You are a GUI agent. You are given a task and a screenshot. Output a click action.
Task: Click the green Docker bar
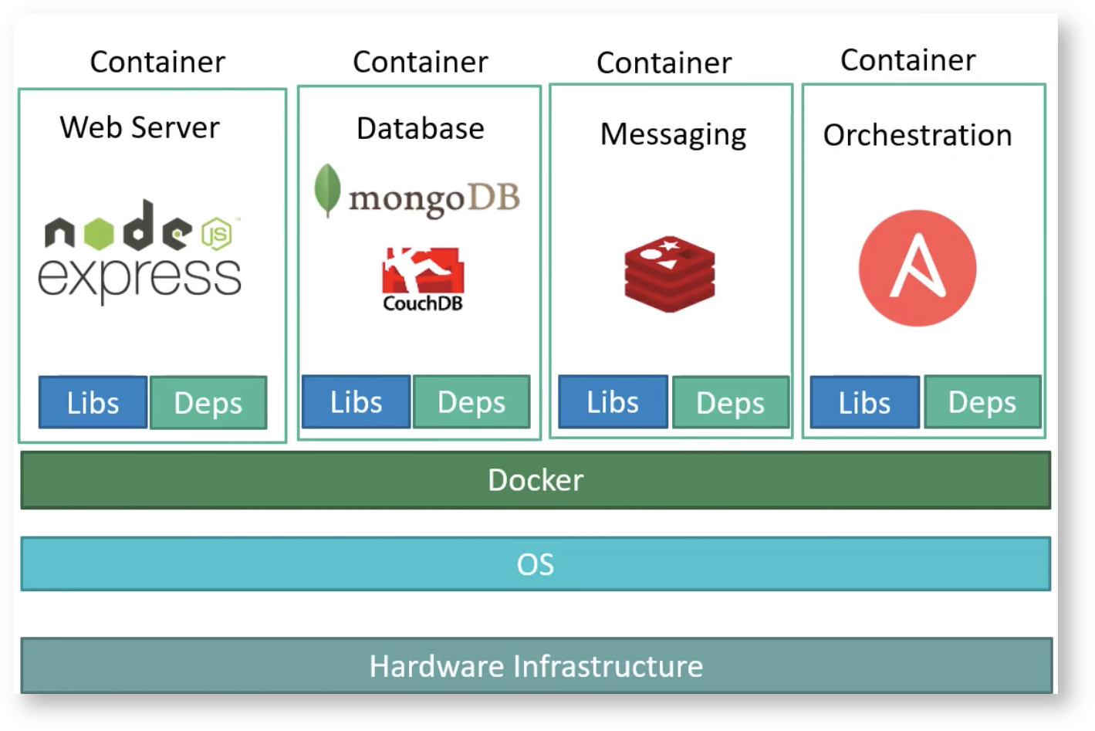(536, 480)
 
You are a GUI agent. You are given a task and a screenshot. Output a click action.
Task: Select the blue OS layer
(536, 564)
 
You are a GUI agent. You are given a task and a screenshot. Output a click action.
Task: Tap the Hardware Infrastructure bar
(536, 665)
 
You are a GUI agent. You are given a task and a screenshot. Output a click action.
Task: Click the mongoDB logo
(418, 193)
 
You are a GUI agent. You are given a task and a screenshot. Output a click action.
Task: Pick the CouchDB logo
(422, 279)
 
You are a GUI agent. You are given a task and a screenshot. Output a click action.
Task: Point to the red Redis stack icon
(670, 274)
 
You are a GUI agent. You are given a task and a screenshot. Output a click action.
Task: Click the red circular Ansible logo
(918, 268)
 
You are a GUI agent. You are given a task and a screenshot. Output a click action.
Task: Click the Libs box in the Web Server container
(93, 402)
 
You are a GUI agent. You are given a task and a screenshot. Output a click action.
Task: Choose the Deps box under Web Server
(208, 402)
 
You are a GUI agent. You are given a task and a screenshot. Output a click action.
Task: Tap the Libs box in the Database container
(356, 401)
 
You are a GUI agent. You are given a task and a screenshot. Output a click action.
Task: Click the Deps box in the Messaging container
(730, 402)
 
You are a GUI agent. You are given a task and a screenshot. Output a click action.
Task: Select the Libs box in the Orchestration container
(864, 402)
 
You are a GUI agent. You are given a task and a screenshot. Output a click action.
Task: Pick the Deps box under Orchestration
(982, 401)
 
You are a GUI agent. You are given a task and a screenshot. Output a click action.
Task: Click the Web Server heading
(140, 127)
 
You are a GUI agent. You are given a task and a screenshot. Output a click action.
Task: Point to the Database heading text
(421, 128)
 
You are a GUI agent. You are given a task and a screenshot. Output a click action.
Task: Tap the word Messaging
(673, 134)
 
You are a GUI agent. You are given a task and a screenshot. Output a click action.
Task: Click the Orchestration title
(918, 135)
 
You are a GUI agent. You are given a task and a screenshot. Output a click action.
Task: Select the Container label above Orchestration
(907, 60)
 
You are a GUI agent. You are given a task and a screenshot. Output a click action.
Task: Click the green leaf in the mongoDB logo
(327, 189)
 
